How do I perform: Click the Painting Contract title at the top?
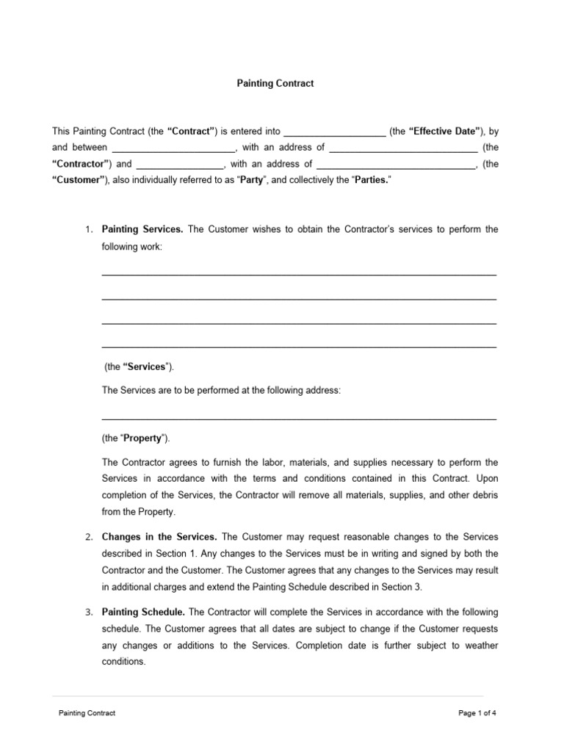coord(275,84)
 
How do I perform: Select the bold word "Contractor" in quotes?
coord(82,164)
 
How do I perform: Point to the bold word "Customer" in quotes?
coord(79,181)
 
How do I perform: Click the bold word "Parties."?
coord(372,181)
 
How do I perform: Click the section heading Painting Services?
coord(142,229)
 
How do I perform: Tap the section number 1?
coord(87,230)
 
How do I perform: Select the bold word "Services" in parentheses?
coord(145,366)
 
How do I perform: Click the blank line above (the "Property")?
coord(299,419)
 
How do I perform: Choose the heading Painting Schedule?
coord(143,612)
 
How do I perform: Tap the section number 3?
coord(87,612)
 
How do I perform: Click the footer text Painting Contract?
coord(87,712)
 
